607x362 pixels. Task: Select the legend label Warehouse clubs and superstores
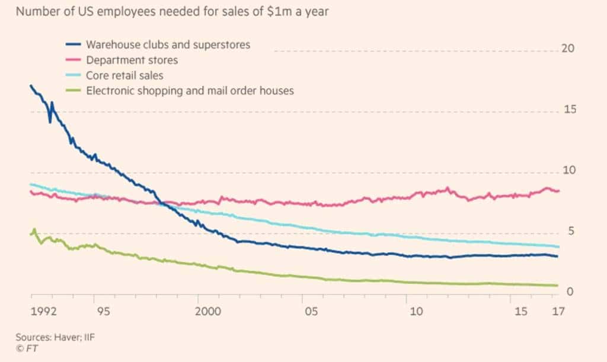[168, 44]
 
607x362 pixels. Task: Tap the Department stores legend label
[132, 60]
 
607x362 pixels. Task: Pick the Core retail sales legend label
[124, 75]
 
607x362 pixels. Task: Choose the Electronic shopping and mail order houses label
[190, 91]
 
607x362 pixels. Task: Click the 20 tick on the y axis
[567, 49]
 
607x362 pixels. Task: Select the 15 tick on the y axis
[567, 110]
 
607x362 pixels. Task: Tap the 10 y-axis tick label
[567, 171]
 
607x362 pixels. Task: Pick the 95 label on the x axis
[95, 312]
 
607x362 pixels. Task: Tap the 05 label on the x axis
[309, 312]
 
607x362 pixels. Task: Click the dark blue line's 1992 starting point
[31, 86]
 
